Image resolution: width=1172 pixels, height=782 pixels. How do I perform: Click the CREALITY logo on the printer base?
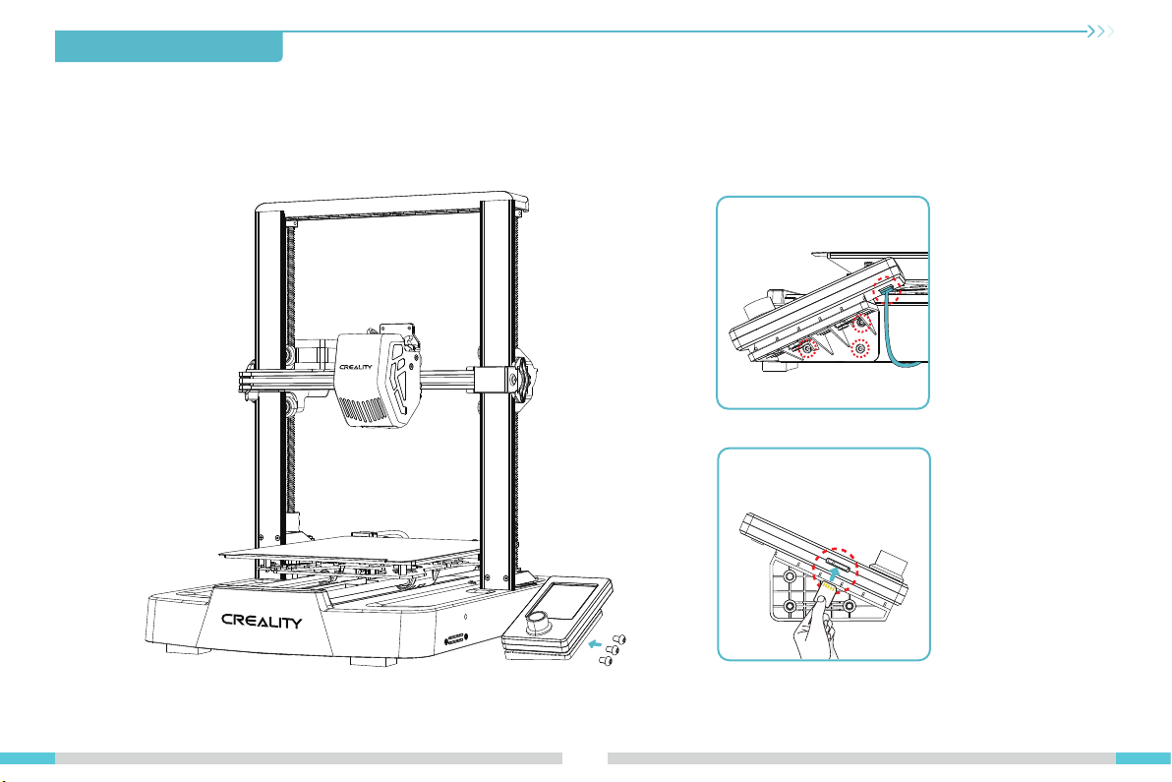(x=262, y=622)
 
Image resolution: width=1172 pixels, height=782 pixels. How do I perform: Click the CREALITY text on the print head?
(x=356, y=367)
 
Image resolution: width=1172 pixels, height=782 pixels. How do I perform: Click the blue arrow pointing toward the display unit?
(x=595, y=643)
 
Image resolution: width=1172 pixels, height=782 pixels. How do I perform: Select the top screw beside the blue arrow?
(x=618, y=640)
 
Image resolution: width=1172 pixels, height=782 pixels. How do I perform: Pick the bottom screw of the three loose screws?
(x=607, y=661)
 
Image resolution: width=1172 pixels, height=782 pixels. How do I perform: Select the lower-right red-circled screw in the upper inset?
(x=860, y=349)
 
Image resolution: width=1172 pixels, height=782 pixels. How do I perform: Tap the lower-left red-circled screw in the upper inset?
(x=807, y=348)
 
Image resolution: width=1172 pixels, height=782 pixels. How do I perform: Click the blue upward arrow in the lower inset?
(x=834, y=574)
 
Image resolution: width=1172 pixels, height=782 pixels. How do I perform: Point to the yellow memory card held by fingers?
(x=828, y=590)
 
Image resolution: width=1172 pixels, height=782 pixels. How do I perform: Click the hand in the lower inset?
(x=815, y=627)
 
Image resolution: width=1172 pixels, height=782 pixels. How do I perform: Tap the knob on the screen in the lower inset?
(x=890, y=563)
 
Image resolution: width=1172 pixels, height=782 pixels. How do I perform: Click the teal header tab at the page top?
(x=169, y=46)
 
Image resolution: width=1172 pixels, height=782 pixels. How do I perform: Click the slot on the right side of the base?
(x=456, y=640)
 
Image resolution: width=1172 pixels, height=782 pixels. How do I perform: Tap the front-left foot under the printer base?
(x=187, y=649)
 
